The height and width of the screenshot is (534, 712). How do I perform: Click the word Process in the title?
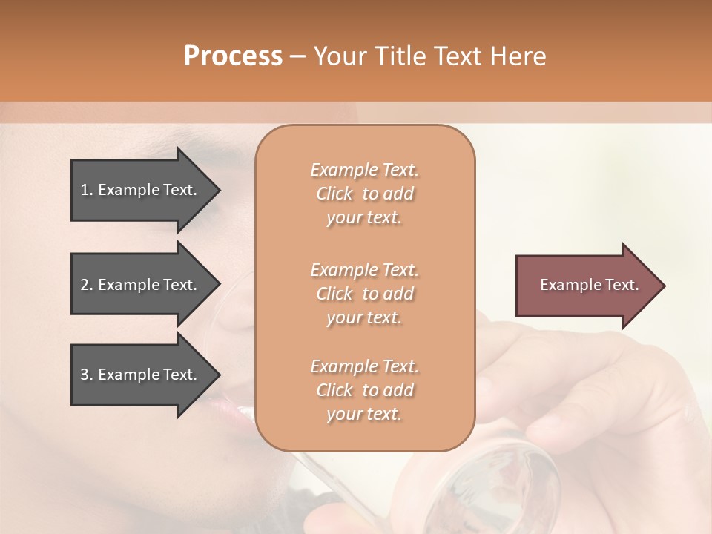(x=233, y=56)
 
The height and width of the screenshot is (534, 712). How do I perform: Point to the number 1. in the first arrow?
(x=87, y=190)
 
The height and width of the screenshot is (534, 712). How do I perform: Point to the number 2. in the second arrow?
(x=87, y=285)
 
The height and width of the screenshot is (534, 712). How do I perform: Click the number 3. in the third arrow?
(x=87, y=375)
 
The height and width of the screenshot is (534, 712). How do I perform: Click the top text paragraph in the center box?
(x=364, y=194)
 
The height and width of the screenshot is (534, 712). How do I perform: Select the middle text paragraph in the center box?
(x=364, y=294)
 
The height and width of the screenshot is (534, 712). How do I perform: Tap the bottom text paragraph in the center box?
(x=364, y=390)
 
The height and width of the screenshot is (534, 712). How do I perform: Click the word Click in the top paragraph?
(x=334, y=194)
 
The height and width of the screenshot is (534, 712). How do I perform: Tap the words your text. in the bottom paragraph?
(x=364, y=415)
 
